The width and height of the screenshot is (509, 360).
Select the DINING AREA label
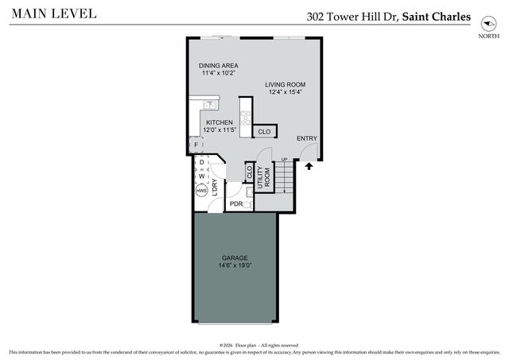pyautogui.click(x=219, y=66)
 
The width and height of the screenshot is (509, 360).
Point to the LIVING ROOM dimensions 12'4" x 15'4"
pyautogui.click(x=285, y=93)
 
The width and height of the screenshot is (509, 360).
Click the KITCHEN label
pyautogui.click(x=219, y=122)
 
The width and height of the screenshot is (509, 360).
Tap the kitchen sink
pyautogui.click(x=211, y=104)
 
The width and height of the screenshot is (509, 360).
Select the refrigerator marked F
pyautogui.click(x=196, y=145)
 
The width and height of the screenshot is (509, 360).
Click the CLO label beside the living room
pyautogui.click(x=264, y=131)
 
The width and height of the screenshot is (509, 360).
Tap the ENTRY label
pyautogui.click(x=306, y=139)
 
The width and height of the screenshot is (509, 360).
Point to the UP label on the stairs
pyautogui.click(x=284, y=161)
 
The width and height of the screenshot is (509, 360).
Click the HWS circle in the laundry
pyautogui.click(x=202, y=192)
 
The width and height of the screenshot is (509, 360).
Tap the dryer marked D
pyautogui.click(x=202, y=163)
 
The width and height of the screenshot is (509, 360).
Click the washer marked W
pyautogui.click(x=202, y=176)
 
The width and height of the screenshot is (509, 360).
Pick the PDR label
pyautogui.click(x=236, y=204)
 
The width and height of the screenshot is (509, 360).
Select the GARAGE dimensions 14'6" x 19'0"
pyautogui.click(x=235, y=267)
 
